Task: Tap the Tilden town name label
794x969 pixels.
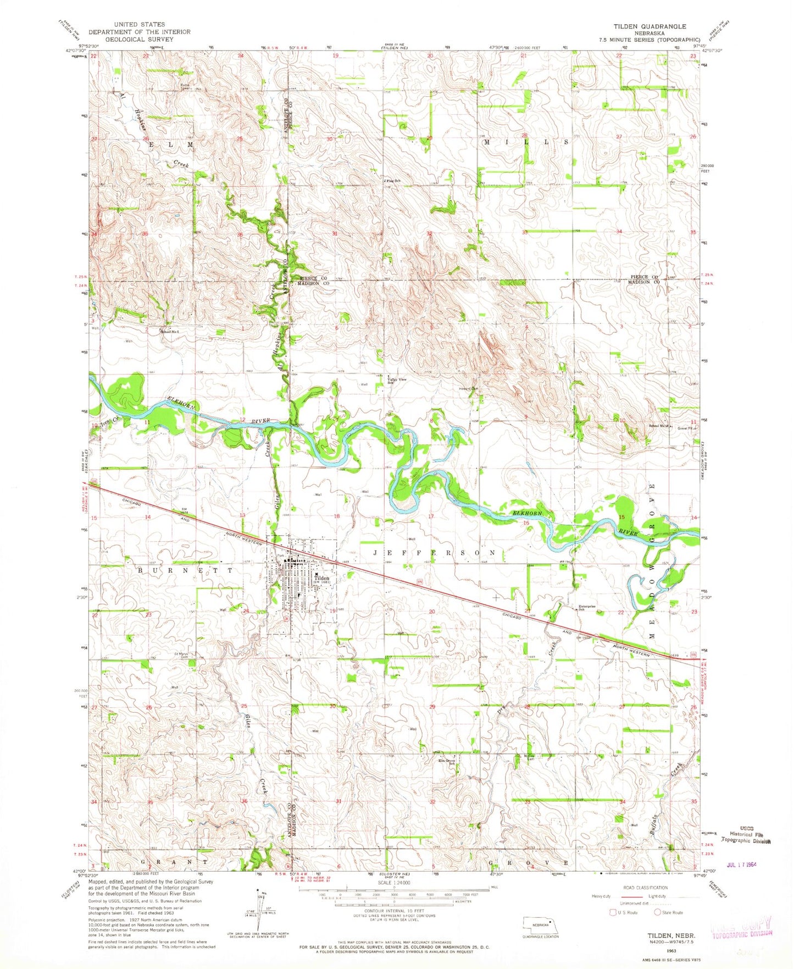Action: [x=321, y=579]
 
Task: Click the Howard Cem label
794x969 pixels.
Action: [x=469, y=389]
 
